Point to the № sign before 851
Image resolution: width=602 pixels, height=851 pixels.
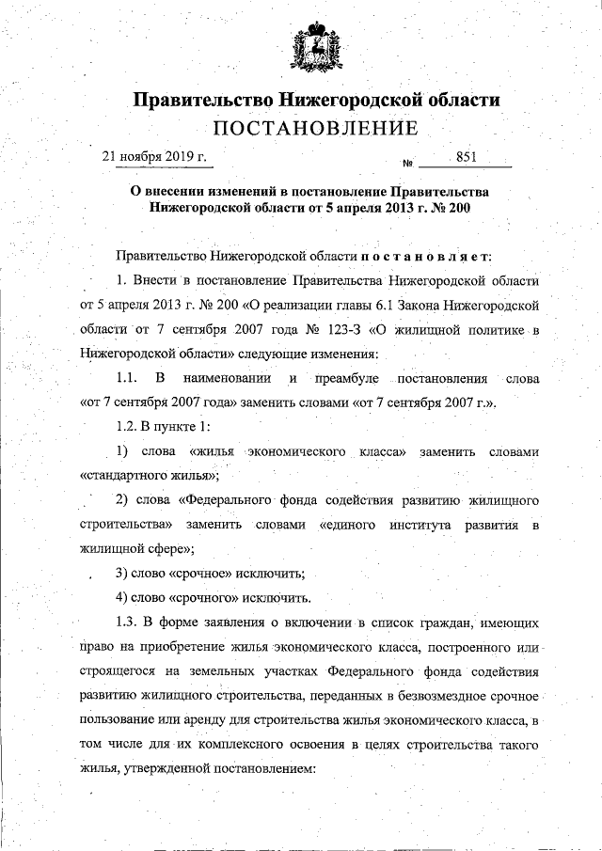[x=407, y=162]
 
